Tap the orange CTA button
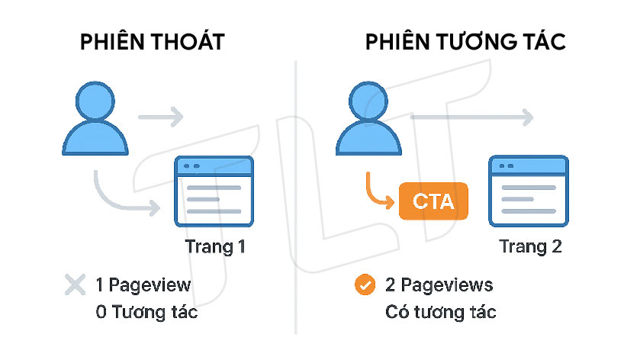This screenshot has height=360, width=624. [433, 202]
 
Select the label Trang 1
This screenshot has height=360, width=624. [216, 247]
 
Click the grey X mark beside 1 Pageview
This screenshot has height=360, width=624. [75, 286]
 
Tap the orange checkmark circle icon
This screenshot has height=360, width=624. [365, 286]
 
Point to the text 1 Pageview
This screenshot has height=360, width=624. [143, 286]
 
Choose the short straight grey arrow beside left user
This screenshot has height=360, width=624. [160, 117]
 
